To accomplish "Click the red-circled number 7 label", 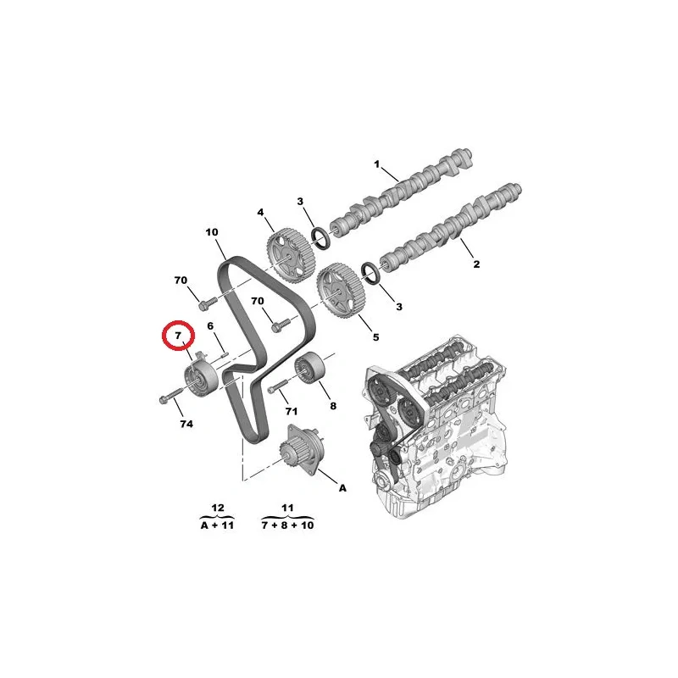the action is click(x=178, y=335).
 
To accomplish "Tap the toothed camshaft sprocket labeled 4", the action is click(x=290, y=256).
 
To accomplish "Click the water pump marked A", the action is click(x=301, y=450).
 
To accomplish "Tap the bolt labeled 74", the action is click(x=171, y=394).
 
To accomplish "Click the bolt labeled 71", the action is click(x=278, y=386).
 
